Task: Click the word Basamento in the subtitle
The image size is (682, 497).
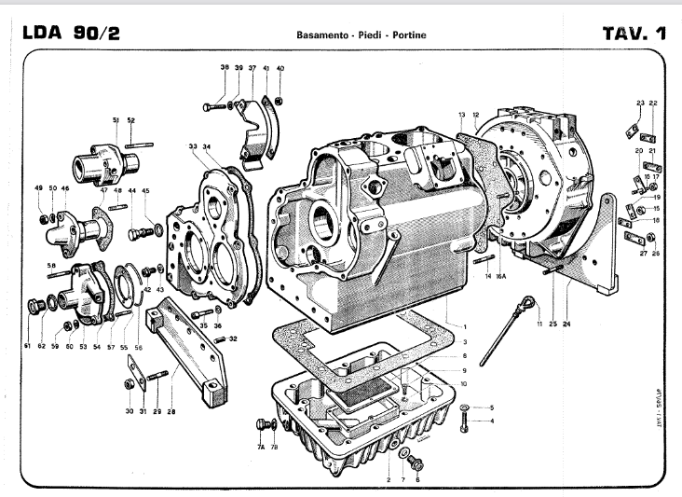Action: coord(321,35)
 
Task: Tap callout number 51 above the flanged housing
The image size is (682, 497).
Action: coord(116,119)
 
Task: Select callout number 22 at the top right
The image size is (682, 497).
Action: coord(653,103)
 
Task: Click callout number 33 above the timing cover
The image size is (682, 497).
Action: coord(192,146)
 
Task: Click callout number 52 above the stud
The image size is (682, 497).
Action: coord(131,119)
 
